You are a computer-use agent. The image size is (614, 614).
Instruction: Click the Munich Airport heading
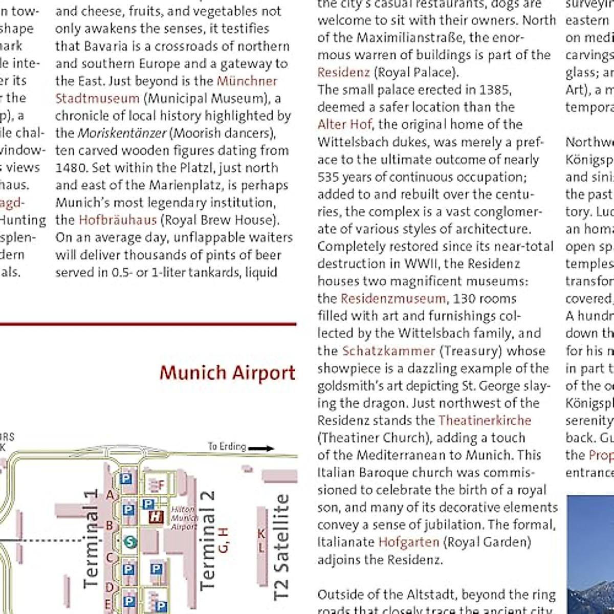(x=227, y=373)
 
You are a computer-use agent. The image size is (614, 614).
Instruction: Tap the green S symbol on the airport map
(x=130, y=542)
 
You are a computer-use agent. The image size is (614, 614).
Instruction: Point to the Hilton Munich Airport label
(x=183, y=518)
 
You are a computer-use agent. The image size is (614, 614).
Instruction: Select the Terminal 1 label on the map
(x=91, y=538)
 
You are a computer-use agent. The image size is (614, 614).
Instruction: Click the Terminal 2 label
(x=207, y=540)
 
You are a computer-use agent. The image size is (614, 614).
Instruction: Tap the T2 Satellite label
(x=281, y=546)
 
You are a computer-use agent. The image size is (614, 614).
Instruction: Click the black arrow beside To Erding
(x=261, y=448)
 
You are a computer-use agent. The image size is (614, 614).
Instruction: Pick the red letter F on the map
(x=161, y=485)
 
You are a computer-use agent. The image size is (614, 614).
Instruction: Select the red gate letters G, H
(x=223, y=540)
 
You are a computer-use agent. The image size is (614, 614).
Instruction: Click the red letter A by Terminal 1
(x=109, y=495)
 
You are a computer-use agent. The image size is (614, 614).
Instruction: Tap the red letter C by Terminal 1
(x=109, y=557)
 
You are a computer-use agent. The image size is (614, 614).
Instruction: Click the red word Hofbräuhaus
(x=118, y=220)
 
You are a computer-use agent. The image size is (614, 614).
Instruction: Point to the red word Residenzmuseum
(x=393, y=298)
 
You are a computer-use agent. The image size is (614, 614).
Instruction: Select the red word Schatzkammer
(x=388, y=351)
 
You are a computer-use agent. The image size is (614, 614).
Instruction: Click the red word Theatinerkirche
(x=485, y=421)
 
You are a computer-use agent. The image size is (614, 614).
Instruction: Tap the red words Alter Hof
(x=344, y=124)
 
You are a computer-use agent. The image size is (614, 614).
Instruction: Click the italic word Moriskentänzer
(x=122, y=133)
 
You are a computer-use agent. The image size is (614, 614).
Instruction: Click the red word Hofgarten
(x=409, y=542)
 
